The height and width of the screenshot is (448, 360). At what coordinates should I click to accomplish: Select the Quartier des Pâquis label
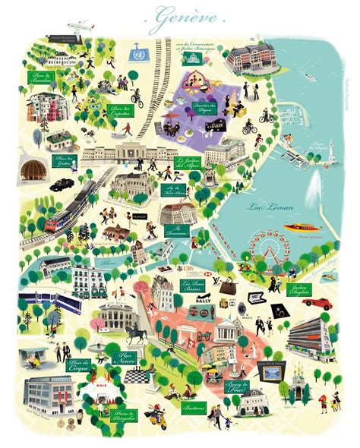click(202, 107)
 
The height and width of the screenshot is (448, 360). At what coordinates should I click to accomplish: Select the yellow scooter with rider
click(159, 417)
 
